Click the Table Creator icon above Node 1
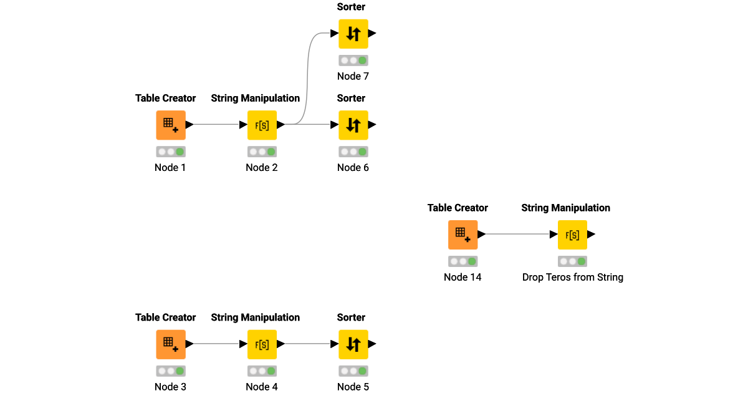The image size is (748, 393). (x=170, y=125)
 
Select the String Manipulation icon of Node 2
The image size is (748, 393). (x=262, y=125)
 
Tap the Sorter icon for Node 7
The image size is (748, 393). (x=353, y=34)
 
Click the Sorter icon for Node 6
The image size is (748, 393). (x=353, y=125)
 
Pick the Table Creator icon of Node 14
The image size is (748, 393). (x=463, y=235)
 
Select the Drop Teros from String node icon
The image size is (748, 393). (x=572, y=235)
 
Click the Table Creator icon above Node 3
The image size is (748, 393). (x=170, y=344)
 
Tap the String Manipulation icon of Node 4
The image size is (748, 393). (x=262, y=344)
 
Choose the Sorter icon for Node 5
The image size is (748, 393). (x=353, y=344)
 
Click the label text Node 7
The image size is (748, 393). (x=353, y=76)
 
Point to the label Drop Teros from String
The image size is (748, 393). (x=572, y=277)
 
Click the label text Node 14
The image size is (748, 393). (x=463, y=277)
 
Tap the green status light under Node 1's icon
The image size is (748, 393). (x=180, y=152)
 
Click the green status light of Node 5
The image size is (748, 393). (x=362, y=371)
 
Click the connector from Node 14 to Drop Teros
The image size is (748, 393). (x=517, y=235)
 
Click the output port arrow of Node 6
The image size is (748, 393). (x=372, y=125)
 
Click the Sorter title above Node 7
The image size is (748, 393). (x=351, y=7)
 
